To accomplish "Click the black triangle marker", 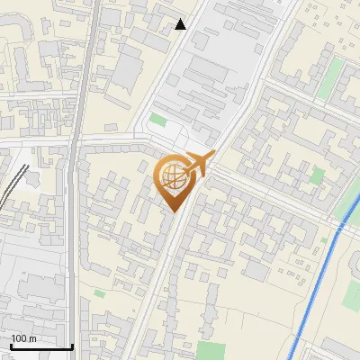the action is pos(181,24).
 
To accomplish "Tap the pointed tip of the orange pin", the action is pos(174,211).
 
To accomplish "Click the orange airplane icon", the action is pos(195,165).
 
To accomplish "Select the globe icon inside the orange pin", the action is pos(173,179).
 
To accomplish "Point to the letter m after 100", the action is pos(33,338).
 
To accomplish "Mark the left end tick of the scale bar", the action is pos(10,346).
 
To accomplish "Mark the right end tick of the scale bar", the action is pos(72,346).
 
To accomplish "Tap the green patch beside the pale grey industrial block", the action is pos(158,120).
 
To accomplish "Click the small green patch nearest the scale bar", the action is pos(98,292).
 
